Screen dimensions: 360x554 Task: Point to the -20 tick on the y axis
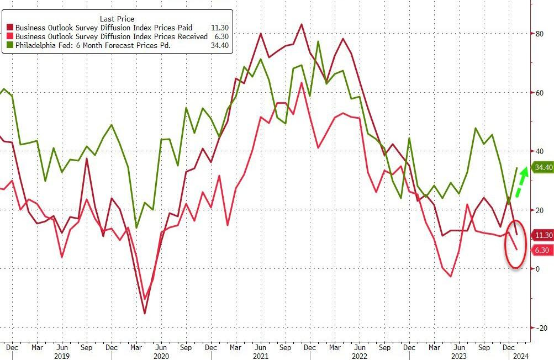[537, 327]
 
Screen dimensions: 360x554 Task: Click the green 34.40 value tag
[541, 167]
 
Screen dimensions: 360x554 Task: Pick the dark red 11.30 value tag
[541, 235]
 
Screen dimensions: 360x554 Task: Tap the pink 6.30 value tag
[541, 250]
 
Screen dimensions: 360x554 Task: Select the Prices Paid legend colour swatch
[9, 28]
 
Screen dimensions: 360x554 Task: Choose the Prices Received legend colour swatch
[9, 36]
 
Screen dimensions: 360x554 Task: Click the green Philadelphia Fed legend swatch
[9, 45]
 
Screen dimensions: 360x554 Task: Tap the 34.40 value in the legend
[220, 45]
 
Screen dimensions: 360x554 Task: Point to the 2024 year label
[521, 356]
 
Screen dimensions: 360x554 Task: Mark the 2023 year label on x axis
[459, 356]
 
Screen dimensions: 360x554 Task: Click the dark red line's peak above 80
[301, 24]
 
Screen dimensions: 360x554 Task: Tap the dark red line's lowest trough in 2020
[145, 314]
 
